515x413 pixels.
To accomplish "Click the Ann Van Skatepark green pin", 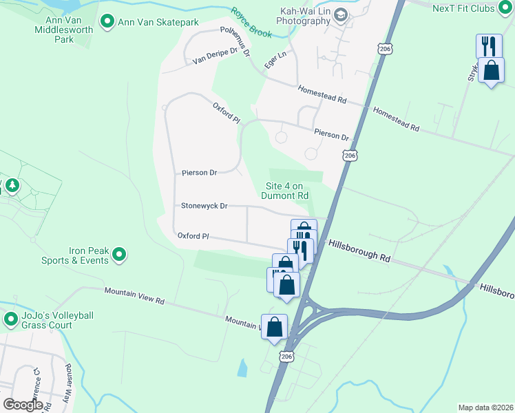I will (107, 23).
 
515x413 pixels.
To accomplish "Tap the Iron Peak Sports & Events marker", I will (119, 255).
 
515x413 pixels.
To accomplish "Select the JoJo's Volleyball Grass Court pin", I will (10, 319).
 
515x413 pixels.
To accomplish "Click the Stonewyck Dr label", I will (204, 206).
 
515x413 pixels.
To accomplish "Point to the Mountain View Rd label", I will (135, 296).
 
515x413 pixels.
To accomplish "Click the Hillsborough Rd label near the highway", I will (359, 250).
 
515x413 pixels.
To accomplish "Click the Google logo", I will (23, 405).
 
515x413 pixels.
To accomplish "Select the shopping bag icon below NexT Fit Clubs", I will (491, 71).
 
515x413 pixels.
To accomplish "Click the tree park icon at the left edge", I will (10, 186).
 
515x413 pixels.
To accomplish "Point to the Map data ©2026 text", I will (485, 407).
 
